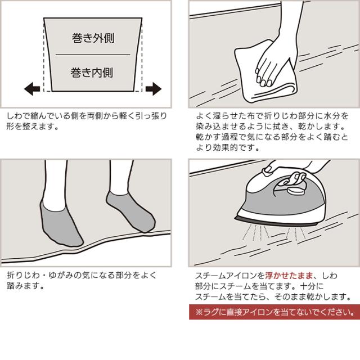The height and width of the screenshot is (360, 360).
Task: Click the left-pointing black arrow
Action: [32, 89]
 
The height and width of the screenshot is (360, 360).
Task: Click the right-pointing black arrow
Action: [154, 89]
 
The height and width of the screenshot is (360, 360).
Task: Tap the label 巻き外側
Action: [93, 38]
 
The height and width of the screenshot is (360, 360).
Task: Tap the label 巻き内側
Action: [92, 73]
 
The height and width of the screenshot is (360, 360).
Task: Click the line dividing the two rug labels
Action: [93, 55]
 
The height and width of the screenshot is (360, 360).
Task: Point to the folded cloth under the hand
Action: [264, 76]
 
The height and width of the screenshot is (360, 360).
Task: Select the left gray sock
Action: [60, 223]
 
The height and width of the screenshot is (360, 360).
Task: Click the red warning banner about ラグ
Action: [274, 312]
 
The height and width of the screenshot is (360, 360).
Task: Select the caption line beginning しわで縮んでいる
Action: [87, 116]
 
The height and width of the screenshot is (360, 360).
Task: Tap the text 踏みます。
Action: [25, 286]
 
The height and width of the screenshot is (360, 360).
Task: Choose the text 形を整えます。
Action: [33, 126]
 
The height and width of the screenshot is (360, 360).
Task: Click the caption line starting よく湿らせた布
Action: [272, 116]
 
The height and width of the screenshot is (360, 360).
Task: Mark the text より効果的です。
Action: [228, 147]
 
